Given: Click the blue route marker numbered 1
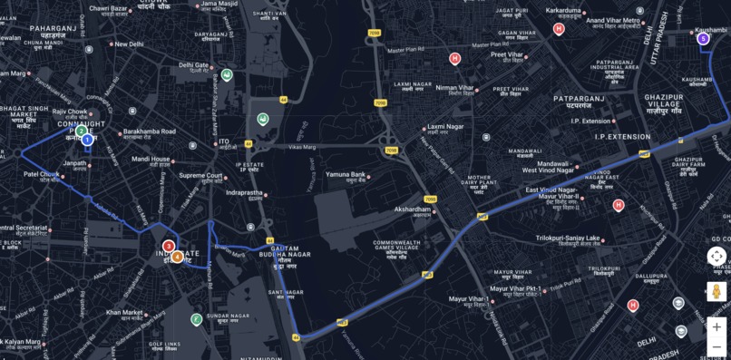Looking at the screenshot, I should (87, 140).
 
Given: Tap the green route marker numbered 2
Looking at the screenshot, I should (81, 131).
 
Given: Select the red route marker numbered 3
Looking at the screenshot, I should (169, 246).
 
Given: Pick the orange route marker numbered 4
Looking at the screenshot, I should (178, 257).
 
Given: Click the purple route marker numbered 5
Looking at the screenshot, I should (703, 38).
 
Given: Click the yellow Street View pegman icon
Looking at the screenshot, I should (716, 292).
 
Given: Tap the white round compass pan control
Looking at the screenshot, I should (716, 257).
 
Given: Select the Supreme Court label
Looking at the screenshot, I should (200, 175).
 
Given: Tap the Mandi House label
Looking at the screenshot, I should (151, 159).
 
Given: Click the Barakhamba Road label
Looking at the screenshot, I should (150, 131).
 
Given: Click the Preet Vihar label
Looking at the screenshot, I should (508, 54).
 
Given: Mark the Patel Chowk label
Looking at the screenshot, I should (41, 173).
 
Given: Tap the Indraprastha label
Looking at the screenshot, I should (244, 192).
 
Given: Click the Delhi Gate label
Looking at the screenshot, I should (193, 64).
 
